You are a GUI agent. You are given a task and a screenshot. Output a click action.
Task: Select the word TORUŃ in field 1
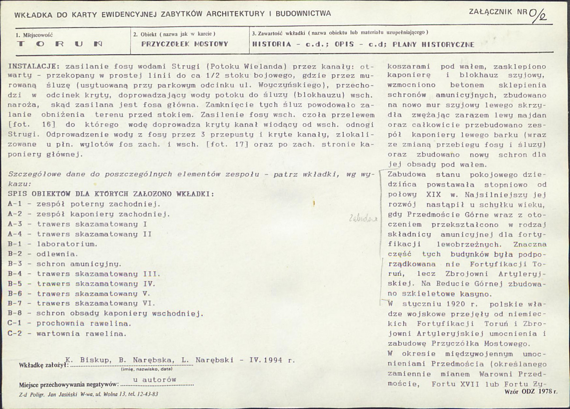coord(60,44)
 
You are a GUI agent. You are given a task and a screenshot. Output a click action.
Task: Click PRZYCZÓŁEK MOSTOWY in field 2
coord(185,44)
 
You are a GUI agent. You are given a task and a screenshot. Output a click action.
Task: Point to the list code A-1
coord(15,203)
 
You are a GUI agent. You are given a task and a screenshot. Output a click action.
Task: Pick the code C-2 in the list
coord(15,333)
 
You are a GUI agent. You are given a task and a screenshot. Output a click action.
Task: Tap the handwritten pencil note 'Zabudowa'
coord(363,218)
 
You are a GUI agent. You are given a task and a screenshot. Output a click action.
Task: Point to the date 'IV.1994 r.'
coord(274,361)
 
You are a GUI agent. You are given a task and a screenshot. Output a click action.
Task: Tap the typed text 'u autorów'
coord(155,380)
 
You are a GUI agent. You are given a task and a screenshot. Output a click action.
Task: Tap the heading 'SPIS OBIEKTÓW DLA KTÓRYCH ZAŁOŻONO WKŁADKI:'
coord(110,194)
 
